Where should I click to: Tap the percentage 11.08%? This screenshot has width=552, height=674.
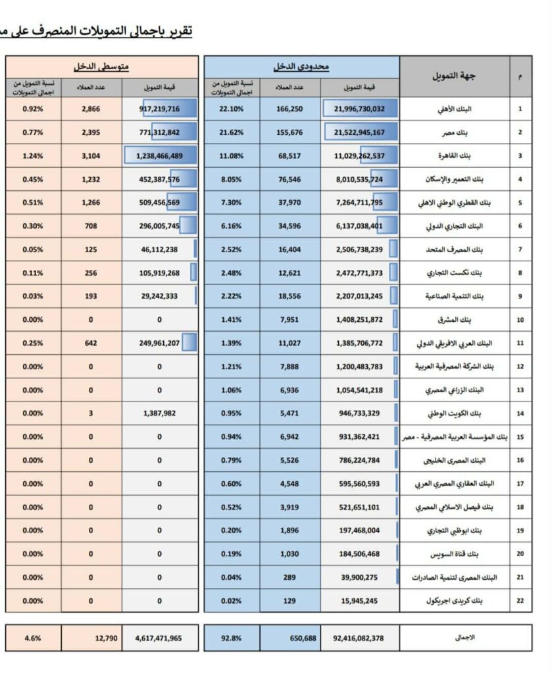tap(231, 156)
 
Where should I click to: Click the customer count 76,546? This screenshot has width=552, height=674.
tap(289, 179)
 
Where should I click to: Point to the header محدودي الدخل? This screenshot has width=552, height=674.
tap(301, 67)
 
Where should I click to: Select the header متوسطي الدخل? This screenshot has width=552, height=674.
tap(101, 67)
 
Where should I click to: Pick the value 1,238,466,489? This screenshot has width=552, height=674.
tap(159, 156)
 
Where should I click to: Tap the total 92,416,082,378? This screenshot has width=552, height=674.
tap(359, 637)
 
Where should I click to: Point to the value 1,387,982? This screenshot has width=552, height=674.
tap(159, 413)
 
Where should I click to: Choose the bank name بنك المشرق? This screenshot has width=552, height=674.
tap(466, 320)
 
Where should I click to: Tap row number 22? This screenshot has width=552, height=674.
tap(520, 600)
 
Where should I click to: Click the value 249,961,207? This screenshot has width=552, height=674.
tap(159, 343)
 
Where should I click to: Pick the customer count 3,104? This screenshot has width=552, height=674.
tap(91, 156)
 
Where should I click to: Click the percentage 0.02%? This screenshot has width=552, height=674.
tap(231, 600)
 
